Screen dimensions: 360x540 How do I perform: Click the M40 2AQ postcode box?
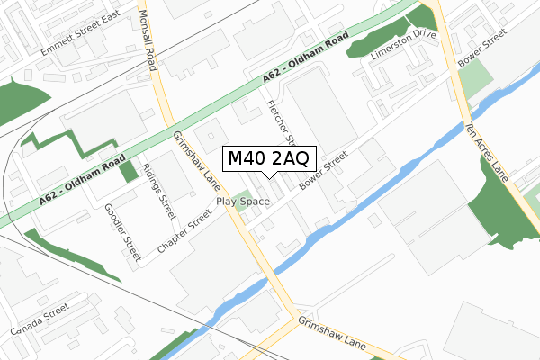(x=268, y=158)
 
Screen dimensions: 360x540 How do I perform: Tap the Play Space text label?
(x=242, y=202)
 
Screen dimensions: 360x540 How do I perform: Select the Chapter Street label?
(x=184, y=231)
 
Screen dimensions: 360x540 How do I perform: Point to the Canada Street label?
(x=40, y=319)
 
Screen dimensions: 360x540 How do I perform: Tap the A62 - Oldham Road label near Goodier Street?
(x=81, y=183)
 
